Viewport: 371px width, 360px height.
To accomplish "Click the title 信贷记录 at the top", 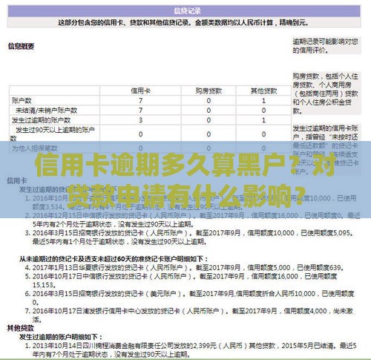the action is [185, 11].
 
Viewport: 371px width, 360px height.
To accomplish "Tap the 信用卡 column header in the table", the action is [141, 90].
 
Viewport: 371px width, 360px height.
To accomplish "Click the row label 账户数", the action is [22, 99].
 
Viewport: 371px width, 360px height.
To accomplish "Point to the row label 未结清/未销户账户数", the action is [42, 109].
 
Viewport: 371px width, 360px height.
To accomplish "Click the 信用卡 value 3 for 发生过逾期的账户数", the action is [141, 119].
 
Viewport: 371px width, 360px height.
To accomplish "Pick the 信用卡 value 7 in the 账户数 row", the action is [141, 99].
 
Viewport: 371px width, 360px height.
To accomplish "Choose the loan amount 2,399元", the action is [205, 324].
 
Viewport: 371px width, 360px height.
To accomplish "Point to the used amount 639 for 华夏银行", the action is [335, 267].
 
